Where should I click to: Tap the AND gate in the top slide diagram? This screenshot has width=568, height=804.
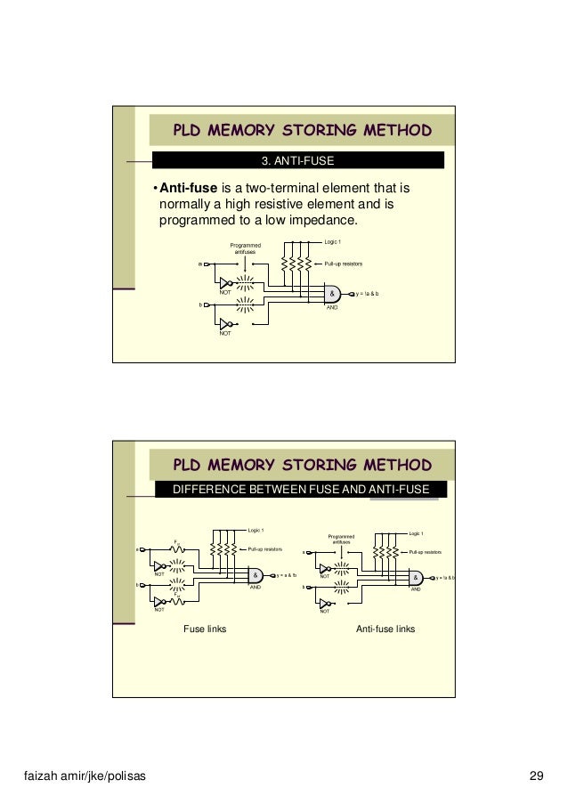click(x=331, y=293)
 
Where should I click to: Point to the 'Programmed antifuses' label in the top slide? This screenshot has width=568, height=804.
click(x=245, y=249)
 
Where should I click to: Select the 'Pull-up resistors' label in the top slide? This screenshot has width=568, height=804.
click(x=343, y=264)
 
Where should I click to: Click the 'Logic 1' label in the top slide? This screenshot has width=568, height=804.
click(x=332, y=241)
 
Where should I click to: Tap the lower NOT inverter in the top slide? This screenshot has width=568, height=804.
click(x=226, y=324)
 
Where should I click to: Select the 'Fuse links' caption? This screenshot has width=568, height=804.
click(x=205, y=629)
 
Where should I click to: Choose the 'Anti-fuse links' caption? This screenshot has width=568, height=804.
click(x=385, y=629)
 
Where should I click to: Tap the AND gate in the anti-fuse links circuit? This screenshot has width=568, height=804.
click(x=416, y=577)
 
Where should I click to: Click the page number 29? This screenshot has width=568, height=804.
click(x=536, y=775)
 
